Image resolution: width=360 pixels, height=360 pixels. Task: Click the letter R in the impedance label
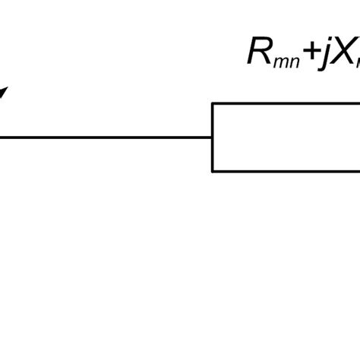tap(261, 51)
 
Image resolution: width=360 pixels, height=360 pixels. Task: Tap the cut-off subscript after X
tap(356, 60)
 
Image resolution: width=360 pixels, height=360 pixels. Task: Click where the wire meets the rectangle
tap(213, 137)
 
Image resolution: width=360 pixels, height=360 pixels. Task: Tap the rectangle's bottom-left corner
tap(213, 171)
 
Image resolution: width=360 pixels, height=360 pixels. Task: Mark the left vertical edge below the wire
tap(213, 155)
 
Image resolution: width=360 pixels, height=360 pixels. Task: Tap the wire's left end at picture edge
tap(2, 137)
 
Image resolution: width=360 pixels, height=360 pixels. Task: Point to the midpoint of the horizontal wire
tap(106, 137)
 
